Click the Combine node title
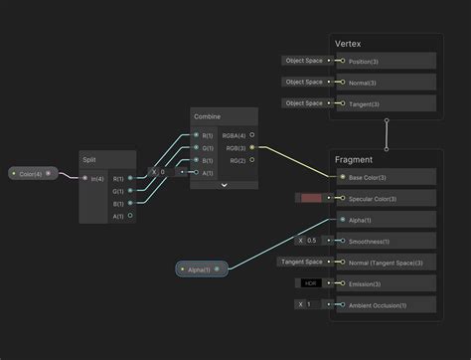pos(208,117)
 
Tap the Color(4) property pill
pos(31,174)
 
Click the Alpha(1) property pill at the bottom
pos(200,269)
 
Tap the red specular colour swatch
pos(311,199)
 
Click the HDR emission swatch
pos(311,283)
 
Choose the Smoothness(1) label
pos(371,241)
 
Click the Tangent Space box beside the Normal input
pos(301,263)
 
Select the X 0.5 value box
pos(308,241)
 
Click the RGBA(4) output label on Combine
pos(235,135)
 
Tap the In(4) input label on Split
pos(97,179)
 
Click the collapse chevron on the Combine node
pos(224,185)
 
